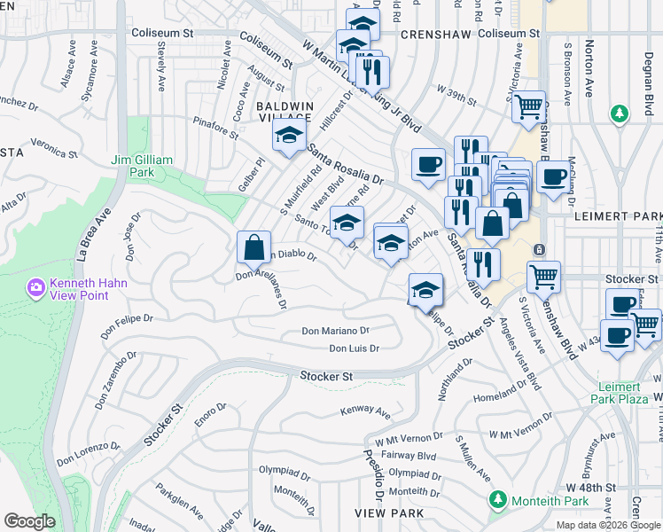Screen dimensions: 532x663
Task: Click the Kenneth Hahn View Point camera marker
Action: point(36,287)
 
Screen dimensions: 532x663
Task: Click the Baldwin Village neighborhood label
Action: point(285,112)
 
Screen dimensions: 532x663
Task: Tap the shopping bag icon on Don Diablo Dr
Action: point(253,246)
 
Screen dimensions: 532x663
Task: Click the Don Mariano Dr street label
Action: point(335,331)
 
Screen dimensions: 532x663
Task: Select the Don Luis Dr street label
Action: point(354,348)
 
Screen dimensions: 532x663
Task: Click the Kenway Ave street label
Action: point(365,411)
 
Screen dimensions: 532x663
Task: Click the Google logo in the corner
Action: point(29,521)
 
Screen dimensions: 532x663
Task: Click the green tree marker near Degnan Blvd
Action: point(619,113)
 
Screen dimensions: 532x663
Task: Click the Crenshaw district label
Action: point(428,33)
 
